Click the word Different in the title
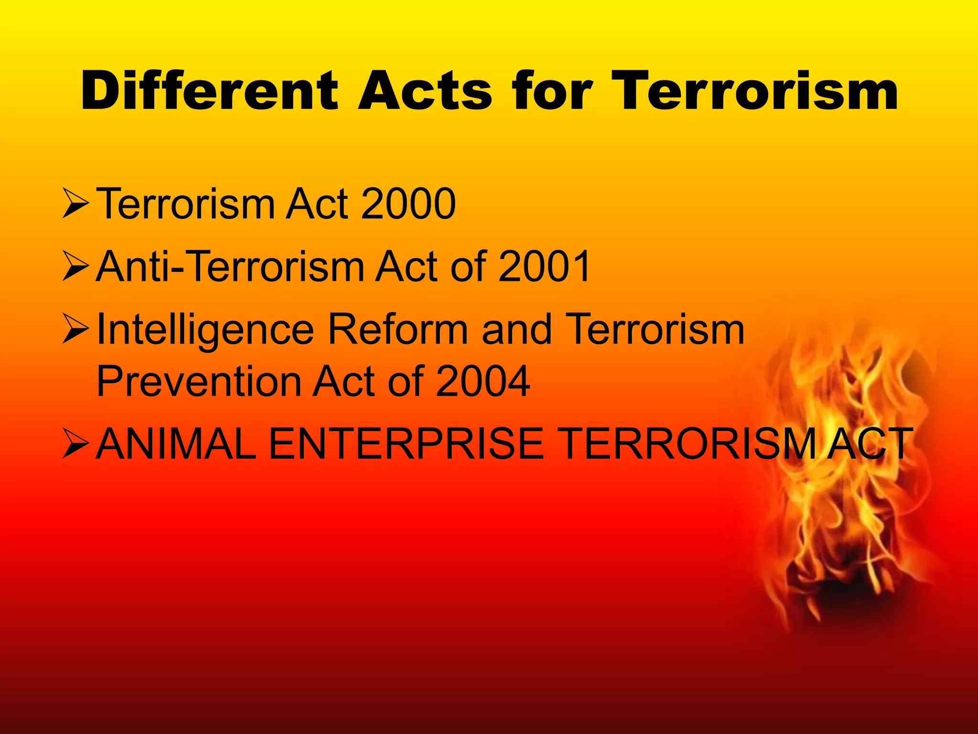210,90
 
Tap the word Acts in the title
425,90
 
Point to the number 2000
408,204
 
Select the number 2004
482,381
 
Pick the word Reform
398,329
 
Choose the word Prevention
198,381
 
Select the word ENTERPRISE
406,444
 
